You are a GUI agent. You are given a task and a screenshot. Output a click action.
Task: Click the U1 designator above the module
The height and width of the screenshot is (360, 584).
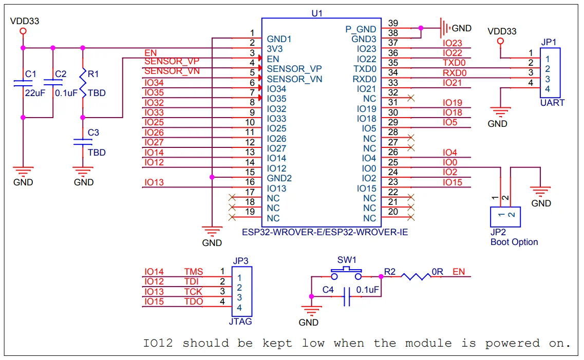pyautogui.click(x=317, y=12)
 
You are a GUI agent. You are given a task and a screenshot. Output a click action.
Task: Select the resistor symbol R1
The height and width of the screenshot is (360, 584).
pyautogui.click(x=83, y=83)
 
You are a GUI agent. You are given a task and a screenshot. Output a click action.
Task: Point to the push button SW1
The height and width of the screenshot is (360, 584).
pyautogui.click(x=347, y=272)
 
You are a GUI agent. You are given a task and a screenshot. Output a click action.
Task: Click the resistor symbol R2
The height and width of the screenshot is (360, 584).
pyautogui.click(x=416, y=277)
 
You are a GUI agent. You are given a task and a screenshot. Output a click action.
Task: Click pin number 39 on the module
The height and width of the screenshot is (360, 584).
pyautogui.click(x=393, y=24)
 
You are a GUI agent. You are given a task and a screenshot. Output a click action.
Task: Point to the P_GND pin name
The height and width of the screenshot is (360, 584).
pyautogui.click(x=361, y=29)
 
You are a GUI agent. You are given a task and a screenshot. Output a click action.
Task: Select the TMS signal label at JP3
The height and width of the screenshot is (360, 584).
pyautogui.click(x=194, y=272)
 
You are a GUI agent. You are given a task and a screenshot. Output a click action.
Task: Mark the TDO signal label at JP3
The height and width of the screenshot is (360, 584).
pyautogui.click(x=194, y=301)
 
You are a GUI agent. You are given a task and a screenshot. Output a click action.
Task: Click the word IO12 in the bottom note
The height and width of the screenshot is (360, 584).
pyautogui.click(x=159, y=343)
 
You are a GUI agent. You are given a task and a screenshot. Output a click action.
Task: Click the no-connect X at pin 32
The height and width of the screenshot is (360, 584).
pyautogui.click(x=410, y=98)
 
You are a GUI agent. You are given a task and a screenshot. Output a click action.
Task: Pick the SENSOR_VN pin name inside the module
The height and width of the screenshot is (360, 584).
pyautogui.click(x=294, y=79)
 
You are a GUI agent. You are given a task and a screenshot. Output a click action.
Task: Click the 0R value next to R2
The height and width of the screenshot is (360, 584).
pyautogui.click(x=437, y=271)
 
